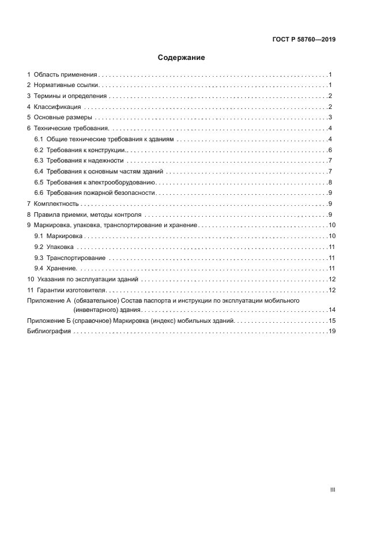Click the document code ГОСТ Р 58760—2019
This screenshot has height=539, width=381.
(x=303, y=40)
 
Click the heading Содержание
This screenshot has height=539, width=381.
(x=182, y=58)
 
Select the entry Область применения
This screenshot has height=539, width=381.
(x=65, y=74)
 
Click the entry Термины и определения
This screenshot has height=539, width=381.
(x=70, y=96)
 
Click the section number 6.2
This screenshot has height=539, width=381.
(x=39, y=150)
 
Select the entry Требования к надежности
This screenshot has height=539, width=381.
(x=85, y=161)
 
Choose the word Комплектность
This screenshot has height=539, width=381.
(x=56, y=204)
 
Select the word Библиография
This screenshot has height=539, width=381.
(x=49, y=331)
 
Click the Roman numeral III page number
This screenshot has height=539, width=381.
(x=332, y=489)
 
